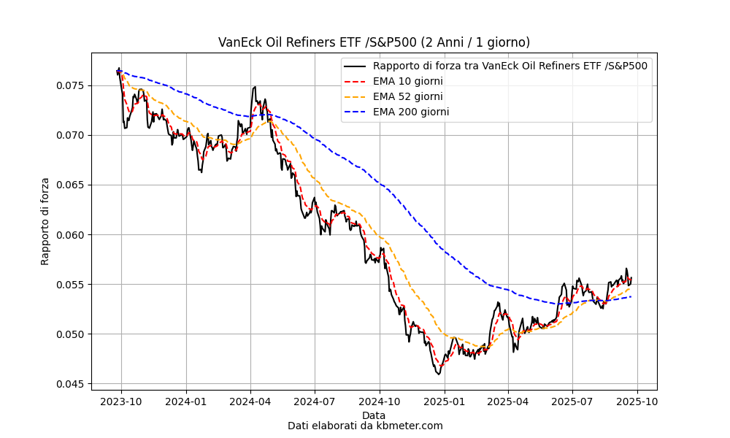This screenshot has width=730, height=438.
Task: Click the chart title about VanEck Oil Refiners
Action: tap(374, 42)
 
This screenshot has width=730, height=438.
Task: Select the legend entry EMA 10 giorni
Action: tap(407, 81)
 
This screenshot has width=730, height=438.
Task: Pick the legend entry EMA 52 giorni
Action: tap(407, 96)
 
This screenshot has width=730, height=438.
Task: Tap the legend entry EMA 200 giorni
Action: tap(410, 112)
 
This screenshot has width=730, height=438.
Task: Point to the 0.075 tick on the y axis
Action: tap(69, 85)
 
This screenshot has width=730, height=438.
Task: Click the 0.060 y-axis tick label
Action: tap(69, 235)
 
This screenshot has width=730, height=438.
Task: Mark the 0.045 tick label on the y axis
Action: tap(69, 384)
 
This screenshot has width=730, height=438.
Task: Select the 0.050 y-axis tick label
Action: tap(69, 334)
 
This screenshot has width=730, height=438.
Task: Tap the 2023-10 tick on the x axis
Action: tap(121, 401)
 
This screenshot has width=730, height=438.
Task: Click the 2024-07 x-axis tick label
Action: tap(315, 401)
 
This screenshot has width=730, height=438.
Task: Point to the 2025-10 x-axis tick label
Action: tap(637, 401)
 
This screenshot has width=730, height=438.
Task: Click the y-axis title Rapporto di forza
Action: tap(45, 221)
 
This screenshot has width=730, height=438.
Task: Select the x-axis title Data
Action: tap(374, 415)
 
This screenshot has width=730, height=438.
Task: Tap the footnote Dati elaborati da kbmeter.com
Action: tap(365, 426)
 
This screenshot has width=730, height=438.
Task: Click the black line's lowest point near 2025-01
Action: tap(439, 374)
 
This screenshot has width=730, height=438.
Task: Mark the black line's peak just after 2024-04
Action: tap(254, 87)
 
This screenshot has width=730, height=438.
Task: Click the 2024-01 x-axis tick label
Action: tap(185, 401)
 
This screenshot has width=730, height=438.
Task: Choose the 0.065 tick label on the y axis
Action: tap(69, 185)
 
